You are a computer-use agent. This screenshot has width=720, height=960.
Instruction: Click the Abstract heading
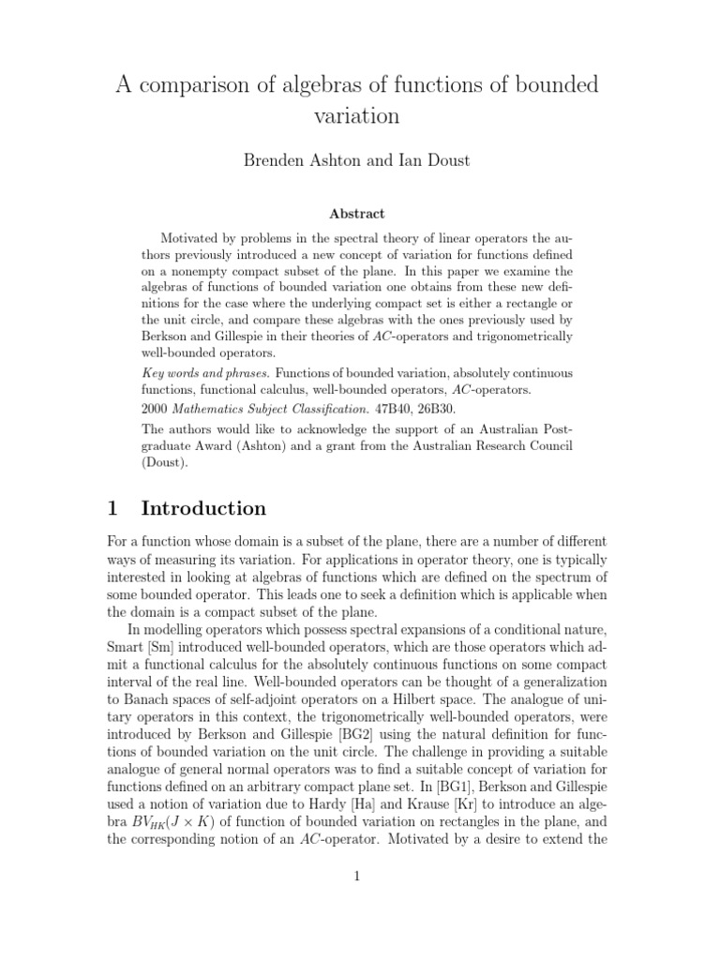359,214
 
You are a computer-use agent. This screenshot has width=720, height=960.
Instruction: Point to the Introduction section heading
203,509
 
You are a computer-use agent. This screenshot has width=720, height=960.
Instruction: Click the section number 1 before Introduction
112,509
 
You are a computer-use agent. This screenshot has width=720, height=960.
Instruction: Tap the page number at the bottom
359,877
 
